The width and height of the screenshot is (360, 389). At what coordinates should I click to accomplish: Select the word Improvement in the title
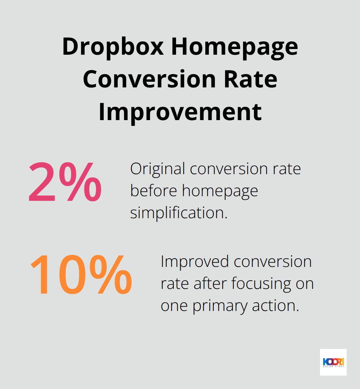(x=180, y=113)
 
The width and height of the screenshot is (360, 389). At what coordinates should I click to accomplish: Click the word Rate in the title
(x=250, y=79)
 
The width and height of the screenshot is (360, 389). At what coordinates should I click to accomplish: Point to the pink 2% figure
(x=65, y=182)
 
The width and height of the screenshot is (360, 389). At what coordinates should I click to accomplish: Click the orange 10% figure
(x=81, y=275)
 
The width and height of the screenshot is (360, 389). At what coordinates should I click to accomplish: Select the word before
(x=154, y=190)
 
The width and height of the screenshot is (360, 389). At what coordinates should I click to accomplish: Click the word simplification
(x=179, y=213)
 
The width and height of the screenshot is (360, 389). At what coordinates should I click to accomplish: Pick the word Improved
(x=195, y=262)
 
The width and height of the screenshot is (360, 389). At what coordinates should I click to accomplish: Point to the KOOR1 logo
(x=333, y=362)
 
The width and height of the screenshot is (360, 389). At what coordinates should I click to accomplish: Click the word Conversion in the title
(x=150, y=79)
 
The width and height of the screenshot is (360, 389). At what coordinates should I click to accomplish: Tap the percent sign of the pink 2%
(x=80, y=182)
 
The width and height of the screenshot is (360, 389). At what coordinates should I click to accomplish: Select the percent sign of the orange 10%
(x=111, y=275)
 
